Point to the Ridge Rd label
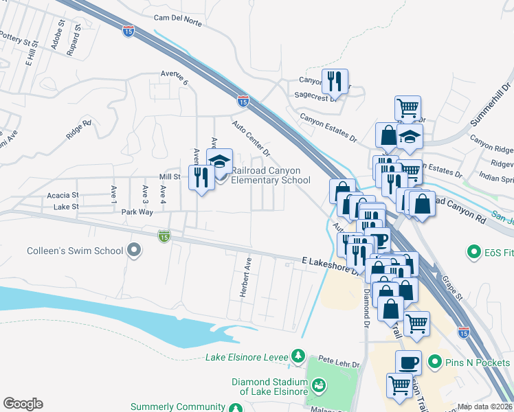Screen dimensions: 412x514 (79, 130)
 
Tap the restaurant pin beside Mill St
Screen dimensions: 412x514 (201, 178)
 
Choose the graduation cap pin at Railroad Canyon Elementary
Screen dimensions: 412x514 (219, 162)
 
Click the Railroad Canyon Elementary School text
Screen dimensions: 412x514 (271, 176)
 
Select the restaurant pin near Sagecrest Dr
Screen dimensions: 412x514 (335, 82)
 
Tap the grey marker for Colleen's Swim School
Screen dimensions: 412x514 (135, 251)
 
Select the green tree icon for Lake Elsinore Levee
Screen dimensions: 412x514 (298, 356)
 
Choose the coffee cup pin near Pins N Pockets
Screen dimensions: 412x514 (408, 361)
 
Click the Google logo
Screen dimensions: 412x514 (23, 404)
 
